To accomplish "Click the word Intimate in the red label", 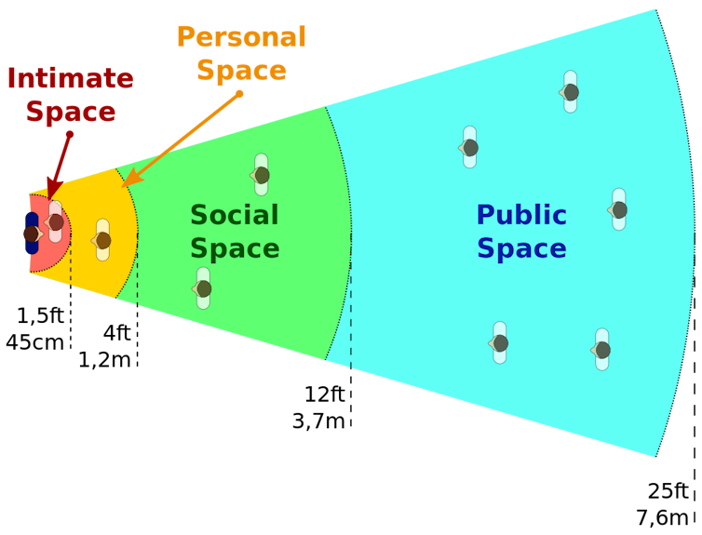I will pos(70,79).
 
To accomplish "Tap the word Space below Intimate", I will pos(70,112).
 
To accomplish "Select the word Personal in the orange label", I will pos(241,37).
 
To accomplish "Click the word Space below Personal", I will pos(241,71).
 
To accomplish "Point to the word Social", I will pos(234,216).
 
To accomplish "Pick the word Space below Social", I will pos(234,249).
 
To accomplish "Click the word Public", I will pos(520,216).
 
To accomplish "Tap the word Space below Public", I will pos(520,249).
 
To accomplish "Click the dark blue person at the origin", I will pos(32,234).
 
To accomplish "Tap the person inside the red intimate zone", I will pos(56,221).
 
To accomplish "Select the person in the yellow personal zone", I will pos(102,240).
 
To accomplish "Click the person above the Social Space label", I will pos(261,175).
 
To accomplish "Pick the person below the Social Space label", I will pos(203,288).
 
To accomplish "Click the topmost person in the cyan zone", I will pos(570,92).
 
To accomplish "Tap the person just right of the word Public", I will pos(618,209).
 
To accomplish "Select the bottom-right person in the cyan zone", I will pos(601,350).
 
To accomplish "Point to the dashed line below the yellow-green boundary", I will pos(138,279).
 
